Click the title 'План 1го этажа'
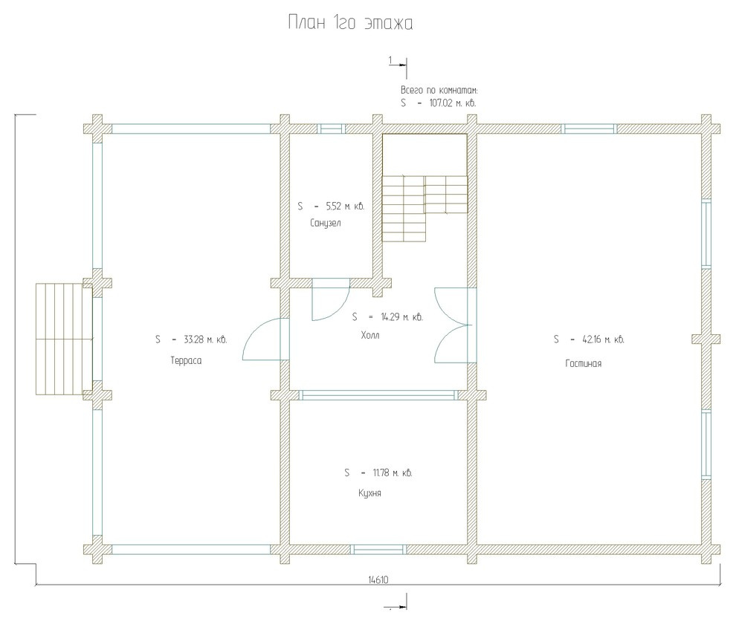[x=350, y=23]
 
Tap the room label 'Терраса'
[x=186, y=361]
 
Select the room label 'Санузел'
[x=326, y=223]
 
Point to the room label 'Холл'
[x=370, y=335]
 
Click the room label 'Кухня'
[x=369, y=493]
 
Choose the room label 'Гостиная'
[x=583, y=363]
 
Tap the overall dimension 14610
[x=378, y=580]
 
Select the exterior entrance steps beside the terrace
[x=64, y=339]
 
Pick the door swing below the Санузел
[x=331, y=299]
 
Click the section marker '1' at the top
[x=398, y=64]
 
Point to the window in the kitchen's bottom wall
[x=380, y=550]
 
